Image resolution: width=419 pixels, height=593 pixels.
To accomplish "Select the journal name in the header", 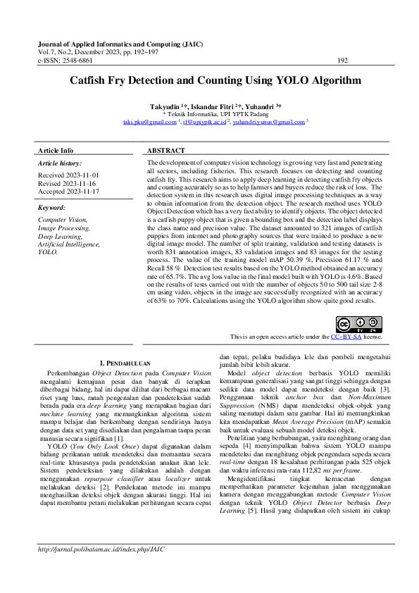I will (120, 43).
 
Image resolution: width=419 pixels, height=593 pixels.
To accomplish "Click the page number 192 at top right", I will (343, 61).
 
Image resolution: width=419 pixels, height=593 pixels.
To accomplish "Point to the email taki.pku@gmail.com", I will (149, 122).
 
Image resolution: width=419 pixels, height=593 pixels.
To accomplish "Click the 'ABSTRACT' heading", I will (166, 151).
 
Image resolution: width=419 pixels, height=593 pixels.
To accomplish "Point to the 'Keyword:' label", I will (51, 208).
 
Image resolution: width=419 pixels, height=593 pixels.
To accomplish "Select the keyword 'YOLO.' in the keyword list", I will (48, 251).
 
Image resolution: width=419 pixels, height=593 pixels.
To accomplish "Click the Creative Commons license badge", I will (359, 325).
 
